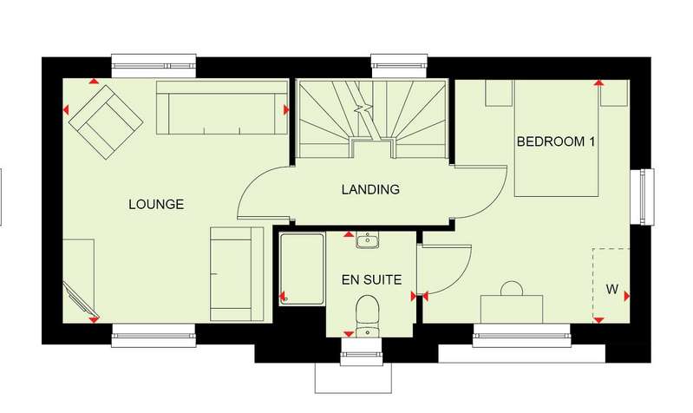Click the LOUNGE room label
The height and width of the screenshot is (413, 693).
tap(156, 204)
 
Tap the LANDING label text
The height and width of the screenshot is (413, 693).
tap(370, 190)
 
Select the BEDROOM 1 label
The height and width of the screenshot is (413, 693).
tap(556, 141)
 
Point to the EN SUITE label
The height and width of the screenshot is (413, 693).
tap(372, 280)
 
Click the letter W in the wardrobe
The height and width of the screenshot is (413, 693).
tap(612, 290)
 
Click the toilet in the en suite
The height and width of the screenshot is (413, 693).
tap(368, 311)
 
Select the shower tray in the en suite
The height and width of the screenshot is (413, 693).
tap(303, 269)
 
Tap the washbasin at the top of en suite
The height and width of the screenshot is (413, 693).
tap(367, 240)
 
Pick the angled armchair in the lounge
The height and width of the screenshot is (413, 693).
tap(106, 122)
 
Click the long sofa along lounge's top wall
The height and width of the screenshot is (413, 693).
tap(222, 108)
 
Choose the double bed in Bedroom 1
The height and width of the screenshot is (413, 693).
tap(557, 138)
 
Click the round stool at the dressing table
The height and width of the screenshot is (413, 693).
tap(512, 289)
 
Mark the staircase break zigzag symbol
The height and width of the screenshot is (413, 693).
tap(363, 108)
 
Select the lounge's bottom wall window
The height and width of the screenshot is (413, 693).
tap(154, 336)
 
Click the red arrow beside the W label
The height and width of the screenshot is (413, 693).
tap(627, 297)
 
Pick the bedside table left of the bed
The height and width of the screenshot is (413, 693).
tap(499, 93)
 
